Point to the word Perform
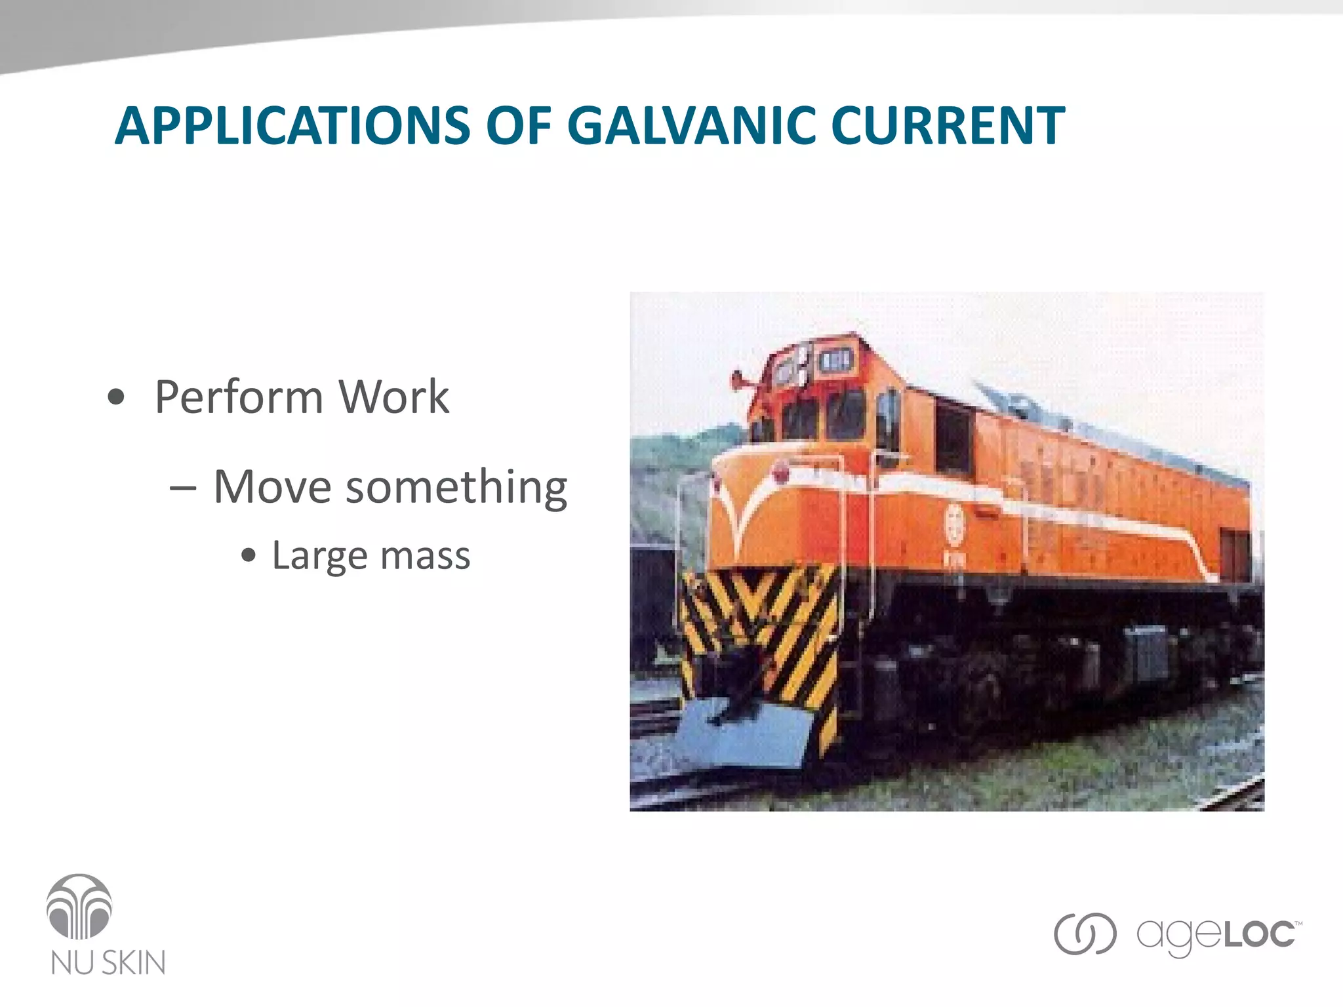click(239, 397)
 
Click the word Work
click(393, 397)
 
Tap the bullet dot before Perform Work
click(116, 397)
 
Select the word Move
click(273, 486)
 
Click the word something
click(456, 488)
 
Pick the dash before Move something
click(182, 488)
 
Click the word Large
click(319, 556)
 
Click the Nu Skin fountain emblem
click(79, 907)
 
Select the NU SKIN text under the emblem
click(108, 962)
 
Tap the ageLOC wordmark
click(1217, 934)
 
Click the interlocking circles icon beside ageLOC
click(1085, 934)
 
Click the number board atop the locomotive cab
click(835, 360)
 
